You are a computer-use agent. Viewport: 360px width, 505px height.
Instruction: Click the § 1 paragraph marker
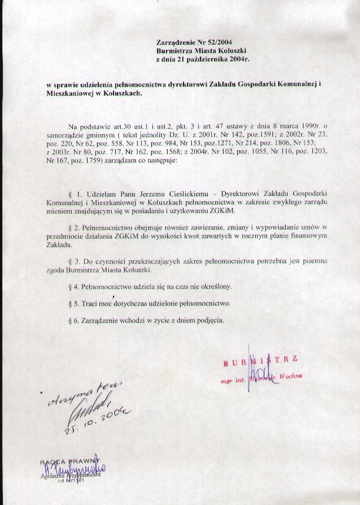coord(73,194)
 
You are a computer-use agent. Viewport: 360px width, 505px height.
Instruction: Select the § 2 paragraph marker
coord(73,227)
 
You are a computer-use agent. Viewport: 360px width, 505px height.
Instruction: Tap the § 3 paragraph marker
coord(73,260)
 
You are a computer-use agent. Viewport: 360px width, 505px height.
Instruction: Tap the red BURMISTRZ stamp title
coord(259,359)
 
